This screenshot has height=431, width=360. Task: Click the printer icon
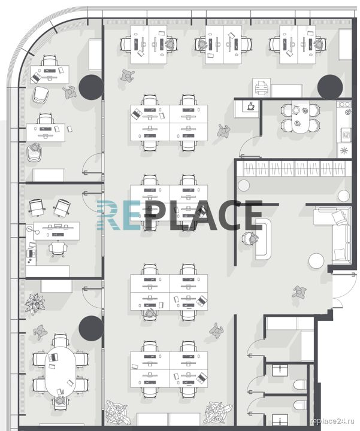coord(261,87)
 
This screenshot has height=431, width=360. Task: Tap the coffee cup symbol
coord(250,106)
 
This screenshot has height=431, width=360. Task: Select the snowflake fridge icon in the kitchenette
coord(344,150)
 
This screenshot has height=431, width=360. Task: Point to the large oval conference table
coord(60,371)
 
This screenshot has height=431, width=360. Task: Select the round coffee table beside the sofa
coord(316,261)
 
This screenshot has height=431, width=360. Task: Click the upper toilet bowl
coord(300,384)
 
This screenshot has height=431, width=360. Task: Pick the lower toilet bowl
coord(300,405)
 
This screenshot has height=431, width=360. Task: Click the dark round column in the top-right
coord(330,87)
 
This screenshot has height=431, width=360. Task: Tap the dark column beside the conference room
coord(91,328)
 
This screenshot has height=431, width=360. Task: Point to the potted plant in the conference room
coord(35,303)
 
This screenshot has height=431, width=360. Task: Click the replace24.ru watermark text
coord(332,421)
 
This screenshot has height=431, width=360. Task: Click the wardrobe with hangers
coord(294,168)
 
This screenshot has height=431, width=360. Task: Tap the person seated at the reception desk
coord(250,238)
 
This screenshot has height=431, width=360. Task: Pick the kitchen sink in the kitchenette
coord(346,135)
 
